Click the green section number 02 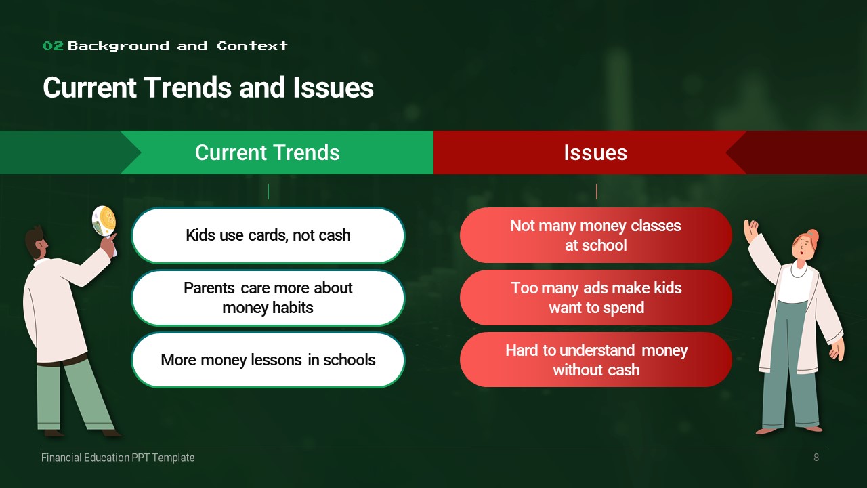tap(53, 46)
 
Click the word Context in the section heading tap(252, 46)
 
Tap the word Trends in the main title tap(188, 87)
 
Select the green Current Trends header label tap(268, 152)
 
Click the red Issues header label tap(595, 152)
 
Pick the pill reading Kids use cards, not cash tap(268, 235)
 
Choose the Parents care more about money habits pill tap(268, 298)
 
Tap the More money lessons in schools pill tap(268, 360)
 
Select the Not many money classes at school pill tap(595, 235)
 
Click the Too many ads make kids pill tap(595, 298)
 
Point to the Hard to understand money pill tap(595, 359)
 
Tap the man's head tap(37, 242)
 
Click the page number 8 tap(816, 457)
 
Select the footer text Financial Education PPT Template tap(118, 457)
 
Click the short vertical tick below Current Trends tap(268, 192)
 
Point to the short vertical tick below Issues tap(596, 192)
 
